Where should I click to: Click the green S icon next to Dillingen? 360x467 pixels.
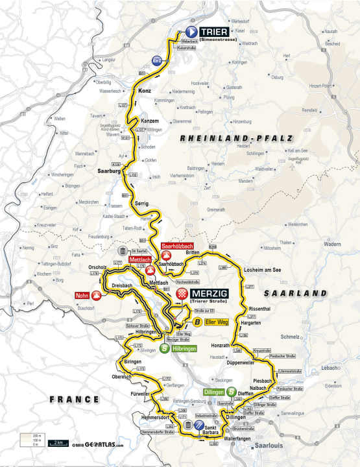pos(230,392)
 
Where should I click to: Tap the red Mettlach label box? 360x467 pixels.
pos(141,260)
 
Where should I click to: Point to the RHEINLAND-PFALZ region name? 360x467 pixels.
pos(237,138)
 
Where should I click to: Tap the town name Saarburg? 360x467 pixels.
pos(110,172)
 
